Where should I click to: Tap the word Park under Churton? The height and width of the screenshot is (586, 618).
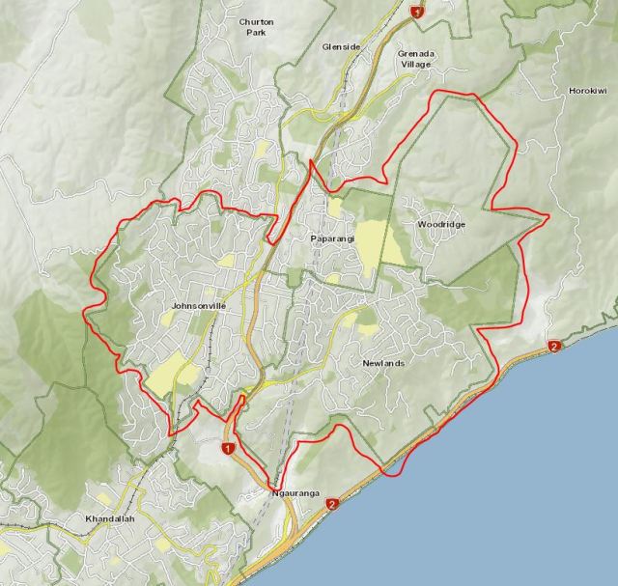click(x=256, y=32)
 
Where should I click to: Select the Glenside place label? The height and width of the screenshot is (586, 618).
click(x=341, y=45)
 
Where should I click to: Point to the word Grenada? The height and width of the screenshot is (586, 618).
click(x=417, y=53)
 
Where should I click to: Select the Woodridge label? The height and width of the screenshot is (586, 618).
click(x=441, y=224)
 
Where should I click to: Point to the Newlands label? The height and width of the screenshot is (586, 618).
click(x=382, y=363)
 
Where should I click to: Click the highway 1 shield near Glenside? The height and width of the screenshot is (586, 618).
click(x=416, y=13)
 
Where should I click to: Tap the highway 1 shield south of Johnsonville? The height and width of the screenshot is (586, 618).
click(x=228, y=449)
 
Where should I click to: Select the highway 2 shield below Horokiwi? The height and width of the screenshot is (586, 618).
click(x=554, y=347)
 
